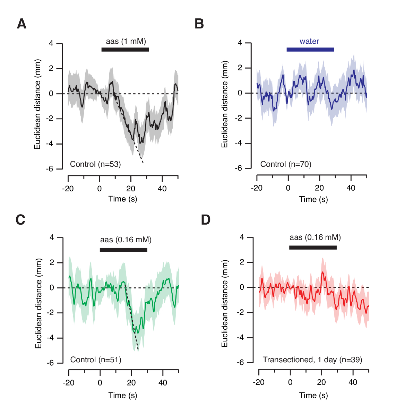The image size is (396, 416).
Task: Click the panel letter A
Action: tap(21, 24)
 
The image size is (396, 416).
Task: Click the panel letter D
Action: tap(206, 220)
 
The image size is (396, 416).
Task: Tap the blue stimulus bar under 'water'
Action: tap(310, 50)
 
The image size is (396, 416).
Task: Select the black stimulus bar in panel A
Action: tap(125, 50)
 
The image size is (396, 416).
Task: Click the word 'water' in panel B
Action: tap(309, 42)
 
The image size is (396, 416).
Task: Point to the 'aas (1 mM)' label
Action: tap(126, 41)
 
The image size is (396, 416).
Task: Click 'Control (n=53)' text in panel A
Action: tap(95, 164)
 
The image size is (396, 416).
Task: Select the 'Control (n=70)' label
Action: tap(286, 164)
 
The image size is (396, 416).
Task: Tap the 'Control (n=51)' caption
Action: tap(96, 360)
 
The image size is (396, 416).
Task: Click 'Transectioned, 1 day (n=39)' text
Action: tap(312, 360)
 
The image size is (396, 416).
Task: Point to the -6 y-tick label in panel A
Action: tap(50, 169)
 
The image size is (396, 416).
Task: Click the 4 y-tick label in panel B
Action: tap(240, 43)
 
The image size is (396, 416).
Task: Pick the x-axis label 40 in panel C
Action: tap(162, 383)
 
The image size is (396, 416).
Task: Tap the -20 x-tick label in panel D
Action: tap(258, 382)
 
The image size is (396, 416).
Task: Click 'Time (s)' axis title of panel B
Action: tap(313, 199)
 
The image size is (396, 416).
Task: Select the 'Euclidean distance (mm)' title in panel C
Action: tap(38, 303)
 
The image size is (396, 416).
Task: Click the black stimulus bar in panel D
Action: tap(313, 247)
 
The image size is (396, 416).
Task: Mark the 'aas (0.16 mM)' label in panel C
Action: tap(126, 240)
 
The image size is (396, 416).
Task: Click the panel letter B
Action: tap(199, 24)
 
